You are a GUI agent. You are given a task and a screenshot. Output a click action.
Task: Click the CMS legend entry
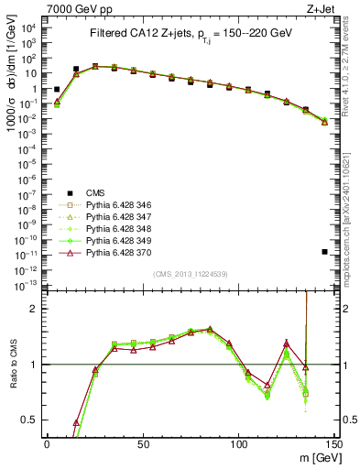pos(96,193)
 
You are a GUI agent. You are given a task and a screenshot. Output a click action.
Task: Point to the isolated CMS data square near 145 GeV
pos(325,252)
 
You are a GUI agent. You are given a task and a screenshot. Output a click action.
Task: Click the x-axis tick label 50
pos(143,444)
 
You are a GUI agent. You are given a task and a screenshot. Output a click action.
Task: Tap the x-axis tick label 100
pos(239,444)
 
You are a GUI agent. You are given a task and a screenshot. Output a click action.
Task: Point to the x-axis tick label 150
pos(334,444)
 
